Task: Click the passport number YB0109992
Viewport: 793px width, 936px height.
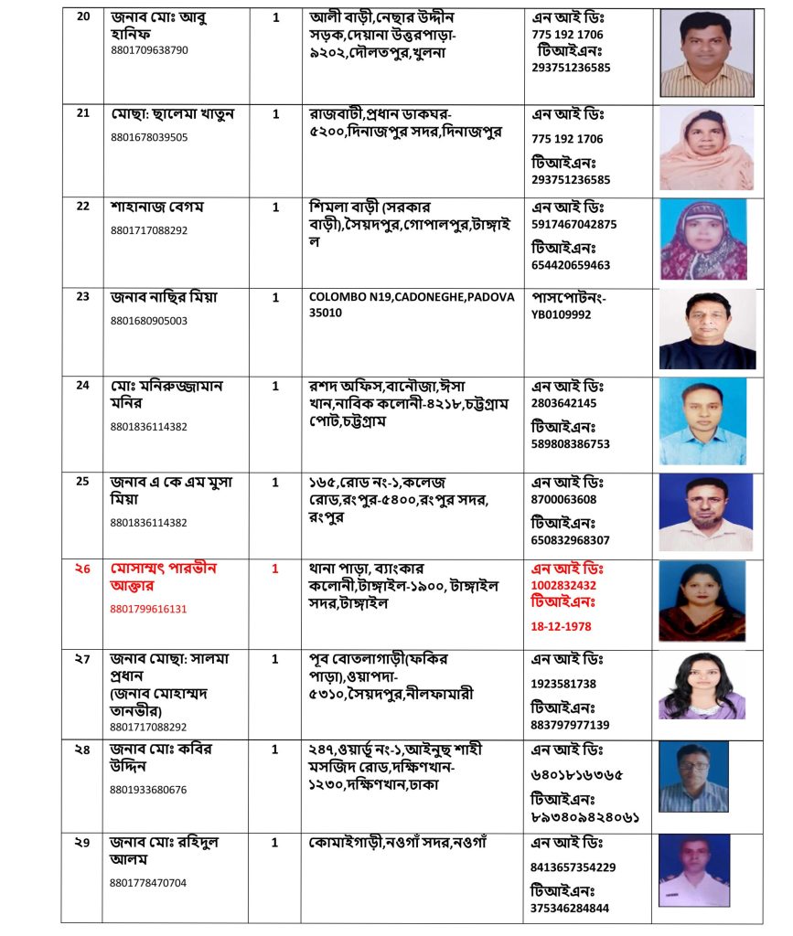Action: coord(561,314)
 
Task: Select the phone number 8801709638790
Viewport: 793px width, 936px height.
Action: coord(148,50)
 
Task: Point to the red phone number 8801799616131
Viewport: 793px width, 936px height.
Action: coord(148,608)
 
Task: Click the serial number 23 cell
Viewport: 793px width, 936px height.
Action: coord(83,296)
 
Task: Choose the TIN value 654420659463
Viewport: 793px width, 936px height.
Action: coord(571,265)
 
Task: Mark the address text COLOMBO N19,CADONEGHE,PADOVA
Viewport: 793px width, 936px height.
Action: coord(412,296)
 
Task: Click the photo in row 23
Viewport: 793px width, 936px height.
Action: coord(707,329)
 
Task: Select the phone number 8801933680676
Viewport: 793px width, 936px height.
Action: coord(148,790)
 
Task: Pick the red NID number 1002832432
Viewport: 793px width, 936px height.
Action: coord(563,585)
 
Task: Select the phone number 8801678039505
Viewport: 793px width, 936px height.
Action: coord(148,137)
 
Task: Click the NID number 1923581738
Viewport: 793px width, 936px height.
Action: coord(563,684)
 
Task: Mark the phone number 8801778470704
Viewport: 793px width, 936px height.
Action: coord(148,883)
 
